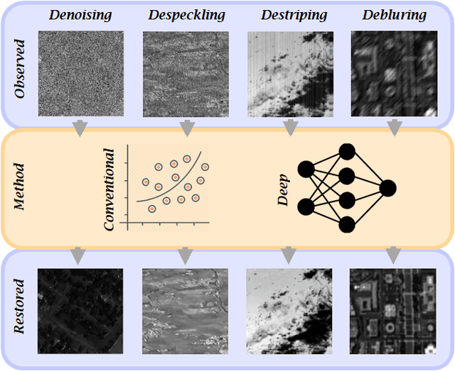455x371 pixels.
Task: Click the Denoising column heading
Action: tap(80, 15)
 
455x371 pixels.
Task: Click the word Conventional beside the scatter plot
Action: tap(109, 189)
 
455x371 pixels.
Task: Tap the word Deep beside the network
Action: tap(283, 189)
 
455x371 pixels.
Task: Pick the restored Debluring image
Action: tap(393, 311)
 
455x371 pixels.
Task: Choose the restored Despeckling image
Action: tap(184, 311)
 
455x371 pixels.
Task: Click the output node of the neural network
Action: tap(387, 188)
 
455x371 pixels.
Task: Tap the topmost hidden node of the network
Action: tap(347, 151)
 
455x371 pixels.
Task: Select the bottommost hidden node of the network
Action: tap(347, 225)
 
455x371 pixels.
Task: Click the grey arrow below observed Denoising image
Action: tap(80, 128)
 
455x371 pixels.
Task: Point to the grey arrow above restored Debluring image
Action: tap(393, 254)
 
